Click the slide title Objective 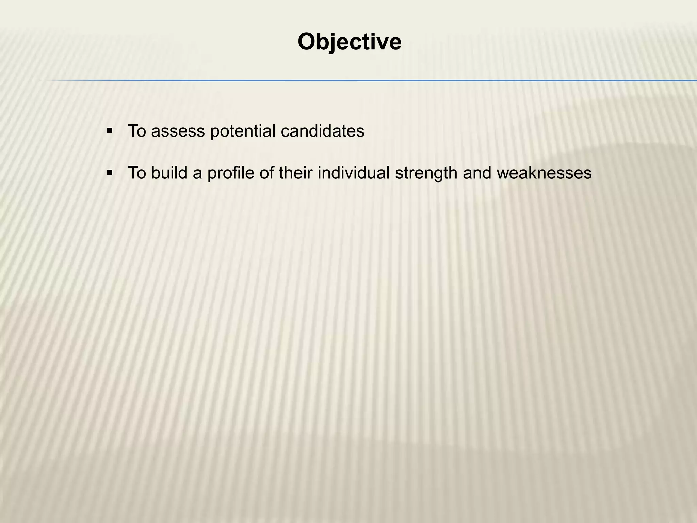click(x=350, y=42)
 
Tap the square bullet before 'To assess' click(x=110, y=131)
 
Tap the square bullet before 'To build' click(x=110, y=173)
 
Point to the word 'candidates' click(x=322, y=131)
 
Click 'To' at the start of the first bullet click(x=137, y=131)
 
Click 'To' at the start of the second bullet click(x=137, y=173)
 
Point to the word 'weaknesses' click(x=544, y=173)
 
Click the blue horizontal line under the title click(x=374, y=81)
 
